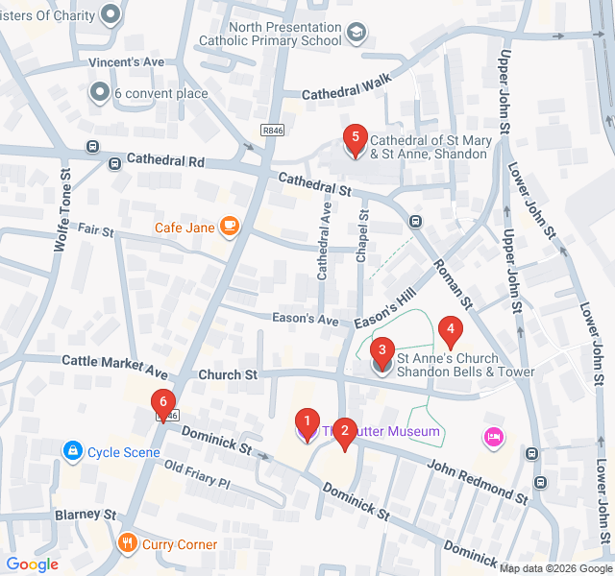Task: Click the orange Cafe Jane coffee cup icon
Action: [x=229, y=227]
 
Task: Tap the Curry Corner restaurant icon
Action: [x=128, y=544]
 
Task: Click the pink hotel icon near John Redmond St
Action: [x=494, y=437]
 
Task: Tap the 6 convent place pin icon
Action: [x=99, y=93]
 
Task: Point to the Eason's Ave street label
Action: [x=306, y=320]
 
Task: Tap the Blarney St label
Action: [x=85, y=515]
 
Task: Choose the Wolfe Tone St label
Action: [x=62, y=210]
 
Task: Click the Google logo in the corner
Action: [x=32, y=564]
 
